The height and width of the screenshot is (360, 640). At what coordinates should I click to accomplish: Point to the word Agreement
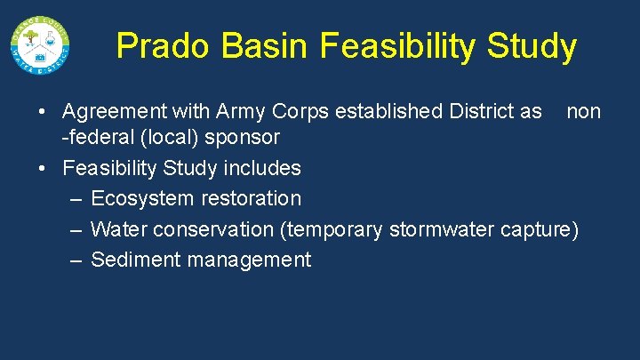coord(112,112)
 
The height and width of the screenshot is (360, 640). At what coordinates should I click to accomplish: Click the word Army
coord(243,112)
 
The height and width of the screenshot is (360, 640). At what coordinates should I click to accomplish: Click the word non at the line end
coord(584,112)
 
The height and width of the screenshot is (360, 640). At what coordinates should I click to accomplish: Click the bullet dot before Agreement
coord(42,113)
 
